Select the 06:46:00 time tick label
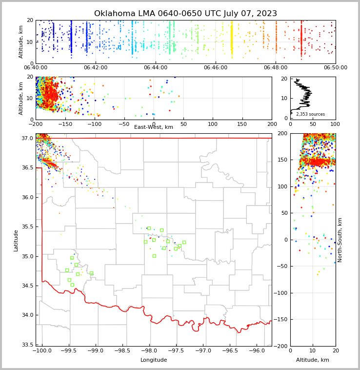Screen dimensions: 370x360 [x=216, y=68]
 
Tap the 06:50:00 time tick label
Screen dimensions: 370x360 [x=336, y=68]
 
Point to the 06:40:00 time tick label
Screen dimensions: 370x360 [x=36, y=68]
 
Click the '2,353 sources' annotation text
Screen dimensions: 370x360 [x=310, y=114]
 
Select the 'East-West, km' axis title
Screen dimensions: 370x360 [x=154, y=127]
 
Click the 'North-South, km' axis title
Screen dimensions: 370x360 [x=340, y=240]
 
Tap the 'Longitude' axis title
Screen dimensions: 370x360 [x=154, y=360]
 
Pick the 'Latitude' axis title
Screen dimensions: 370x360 [x=16, y=240]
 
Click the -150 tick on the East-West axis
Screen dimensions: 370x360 [x=65, y=124]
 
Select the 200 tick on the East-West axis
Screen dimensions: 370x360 [x=272, y=124]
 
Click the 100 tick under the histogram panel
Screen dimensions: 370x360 [x=336, y=124]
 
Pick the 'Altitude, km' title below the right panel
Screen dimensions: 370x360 [x=313, y=360]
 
